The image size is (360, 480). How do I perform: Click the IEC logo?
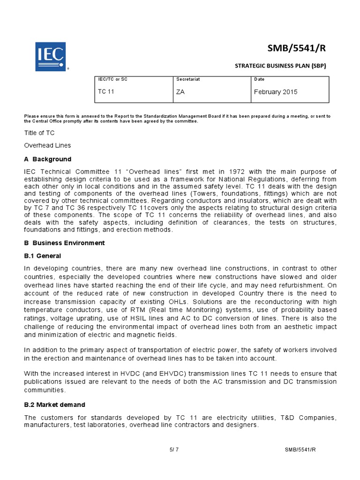tap(50, 56)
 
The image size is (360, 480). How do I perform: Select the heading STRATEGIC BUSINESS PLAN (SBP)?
tap(280, 66)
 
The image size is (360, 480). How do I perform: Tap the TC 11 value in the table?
tap(106, 92)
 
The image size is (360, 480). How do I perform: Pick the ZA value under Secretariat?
tap(180, 92)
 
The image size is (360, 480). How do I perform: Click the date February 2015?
tap(276, 92)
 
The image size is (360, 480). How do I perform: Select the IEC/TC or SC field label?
tap(112, 79)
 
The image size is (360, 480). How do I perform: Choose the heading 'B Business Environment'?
tap(65, 243)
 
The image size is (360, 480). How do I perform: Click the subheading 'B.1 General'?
tap(43, 255)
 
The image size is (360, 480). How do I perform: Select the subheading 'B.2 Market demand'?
tap(55, 405)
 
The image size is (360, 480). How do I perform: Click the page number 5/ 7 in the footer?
tap(174, 450)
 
